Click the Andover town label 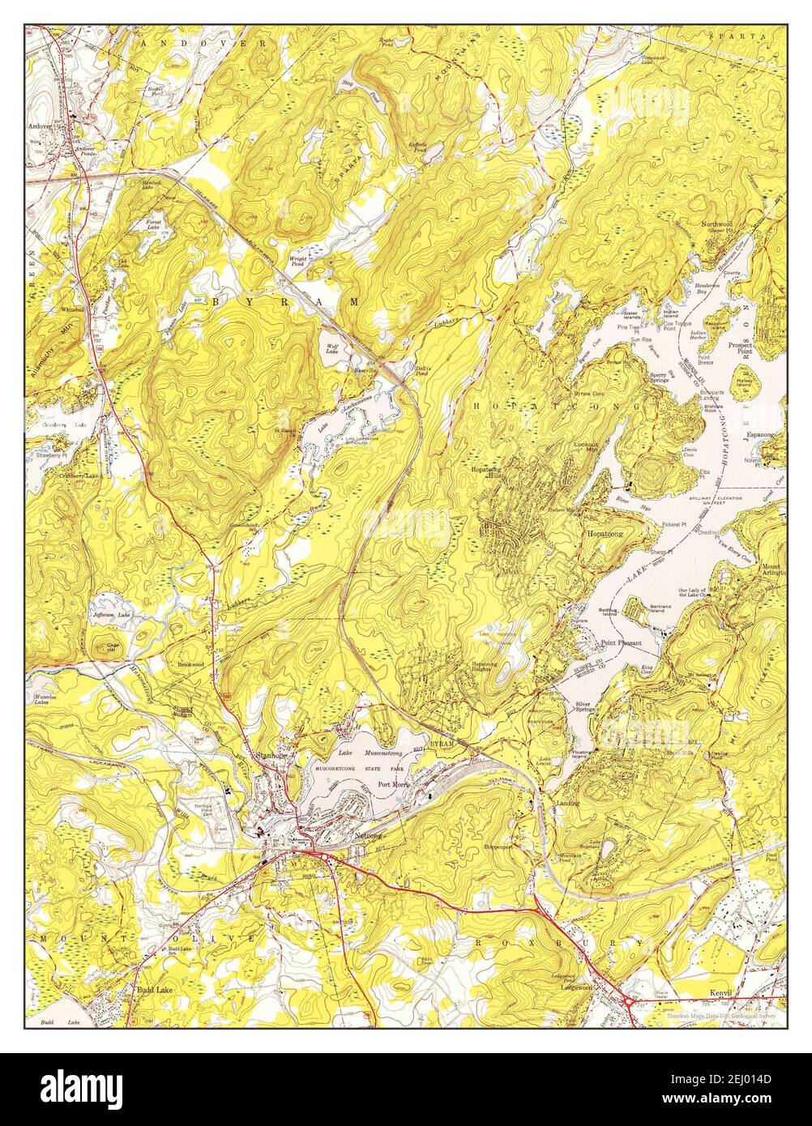tap(40, 126)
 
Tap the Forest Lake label tap(154, 224)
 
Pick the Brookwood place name tap(191, 663)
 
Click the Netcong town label tap(367, 834)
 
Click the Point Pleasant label tap(621, 643)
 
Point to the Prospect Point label tap(740, 348)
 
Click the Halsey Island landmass tap(745, 381)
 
